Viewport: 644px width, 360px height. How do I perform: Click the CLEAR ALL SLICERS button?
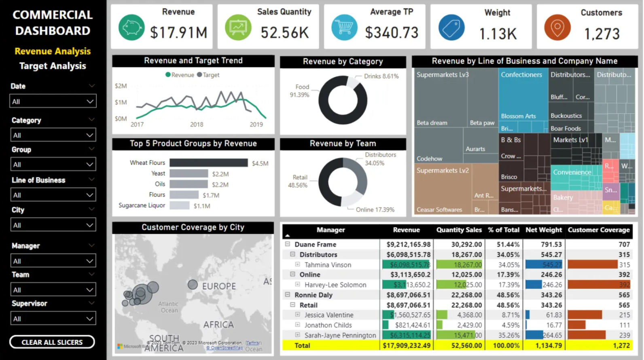[x=52, y=342]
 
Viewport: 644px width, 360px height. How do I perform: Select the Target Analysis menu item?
[x=53, y=66]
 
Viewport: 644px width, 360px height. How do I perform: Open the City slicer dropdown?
[x=53, y=225]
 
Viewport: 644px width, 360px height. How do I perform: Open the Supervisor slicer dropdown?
[x=53, y=319]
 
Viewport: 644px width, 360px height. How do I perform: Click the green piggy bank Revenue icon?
[x=131, y=28]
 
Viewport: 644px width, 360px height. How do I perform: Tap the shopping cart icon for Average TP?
[x=344, y=28]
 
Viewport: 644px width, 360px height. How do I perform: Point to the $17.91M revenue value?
[x=178, y=33]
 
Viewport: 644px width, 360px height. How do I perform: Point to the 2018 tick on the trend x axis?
[x=197, y=125]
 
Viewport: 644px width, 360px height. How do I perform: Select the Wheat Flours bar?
[x=208, y=163]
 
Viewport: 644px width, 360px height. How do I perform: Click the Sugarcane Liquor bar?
[x=180, y=205]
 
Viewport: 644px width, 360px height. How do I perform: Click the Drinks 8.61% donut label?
[x=381, y=76]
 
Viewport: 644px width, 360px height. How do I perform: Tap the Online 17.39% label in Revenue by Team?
[x=375, y=210]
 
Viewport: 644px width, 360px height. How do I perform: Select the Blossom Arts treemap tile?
[x=518, y=116]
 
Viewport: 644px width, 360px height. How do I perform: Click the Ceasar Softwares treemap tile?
[x=439, y=210]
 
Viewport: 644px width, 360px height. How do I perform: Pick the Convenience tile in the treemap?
[x=572, y=172]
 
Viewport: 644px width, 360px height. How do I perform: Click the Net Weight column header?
[x=543, y=230]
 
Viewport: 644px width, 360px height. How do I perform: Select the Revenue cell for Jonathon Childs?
[x=407, y=325]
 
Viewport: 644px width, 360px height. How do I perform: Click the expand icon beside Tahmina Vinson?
[x=298, y=265]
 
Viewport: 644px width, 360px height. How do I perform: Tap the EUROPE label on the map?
[x=219, y=286]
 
